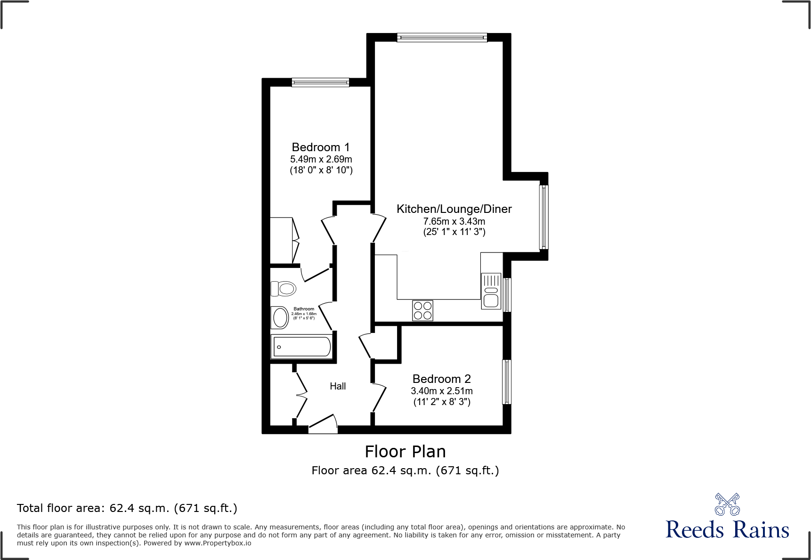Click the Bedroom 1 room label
(x=320, y=147)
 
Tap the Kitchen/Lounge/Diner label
(x=454, y=209)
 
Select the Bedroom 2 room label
(x=441, y=379)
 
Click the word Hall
(x=338, y=386)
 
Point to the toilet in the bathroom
(x=284, y=288)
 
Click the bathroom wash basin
(x=280, y=317)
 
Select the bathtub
(x=302, y=347)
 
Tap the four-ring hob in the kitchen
(x=422, y=310)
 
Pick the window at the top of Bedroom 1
(x=320, y=83)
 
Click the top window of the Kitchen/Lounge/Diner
(x=442, y=38)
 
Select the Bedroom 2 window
(x=507, y=382)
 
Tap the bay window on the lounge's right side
(x=543, y=217)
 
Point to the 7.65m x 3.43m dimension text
(x=454, y=221)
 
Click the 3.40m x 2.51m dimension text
(x=441, y=391)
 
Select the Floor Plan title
(x=405, y=452)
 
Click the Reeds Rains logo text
(x=727, y=530)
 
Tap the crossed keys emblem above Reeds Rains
(x=727, y=504)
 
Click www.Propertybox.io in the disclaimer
(x=218, y=543)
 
